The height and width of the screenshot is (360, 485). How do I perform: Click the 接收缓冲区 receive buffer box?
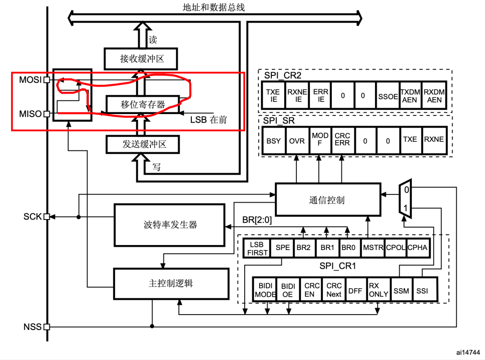(x=141, y=59)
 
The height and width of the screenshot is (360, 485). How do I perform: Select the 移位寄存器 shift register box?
(x=142, y=105)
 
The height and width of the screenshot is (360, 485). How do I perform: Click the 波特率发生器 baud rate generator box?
(x=170, y=224)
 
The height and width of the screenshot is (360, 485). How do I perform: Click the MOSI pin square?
(x=46, y=80)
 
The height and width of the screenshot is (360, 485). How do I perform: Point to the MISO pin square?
(x=46, y=114)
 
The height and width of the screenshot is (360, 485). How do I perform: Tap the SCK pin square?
(x=46, y=217)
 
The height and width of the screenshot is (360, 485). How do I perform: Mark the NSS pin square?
(x=46, y=327)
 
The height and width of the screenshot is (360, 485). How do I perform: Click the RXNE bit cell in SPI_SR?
(x=434, y=140)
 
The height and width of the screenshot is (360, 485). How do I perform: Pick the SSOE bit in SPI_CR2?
(x=388, y=96)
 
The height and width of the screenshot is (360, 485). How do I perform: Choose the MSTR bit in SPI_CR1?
(x=372, y=247)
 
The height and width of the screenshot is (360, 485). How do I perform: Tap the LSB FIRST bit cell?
(x=257, y=248)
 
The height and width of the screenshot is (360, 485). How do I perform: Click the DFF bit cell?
(x=355, y=290)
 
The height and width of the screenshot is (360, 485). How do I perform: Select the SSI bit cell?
(x=422, y=290)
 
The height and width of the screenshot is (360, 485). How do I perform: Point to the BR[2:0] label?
(x=257, y=220)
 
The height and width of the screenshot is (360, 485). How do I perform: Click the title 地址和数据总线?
(x=214, y=7)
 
